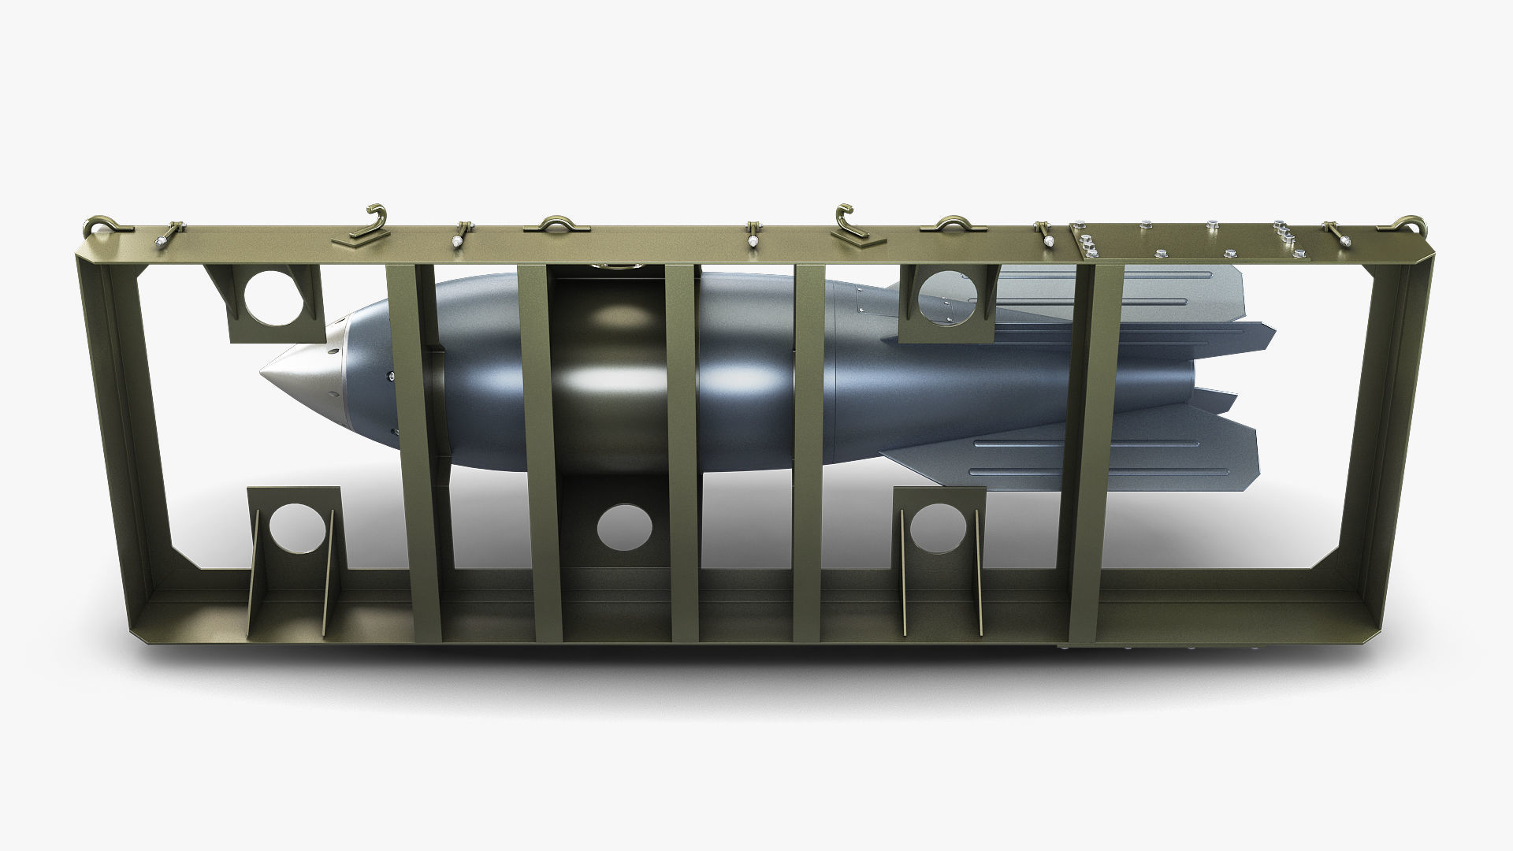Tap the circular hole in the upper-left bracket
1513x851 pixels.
tap(271, 297)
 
